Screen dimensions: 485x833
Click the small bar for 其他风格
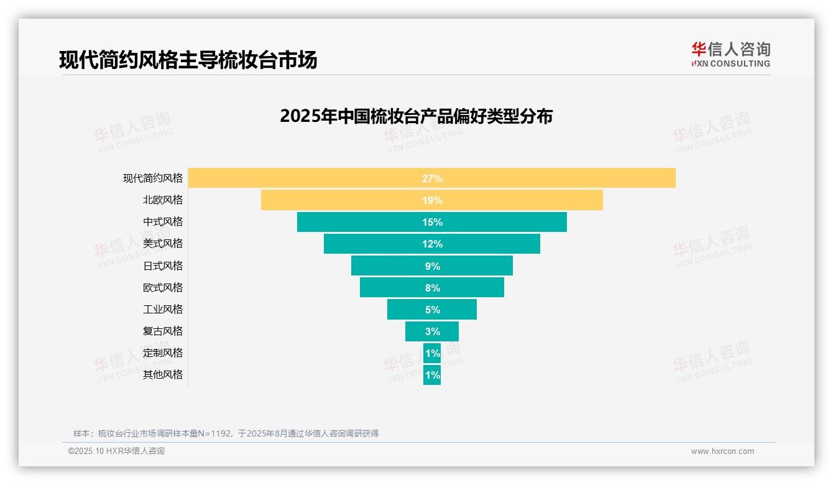pos(432,375)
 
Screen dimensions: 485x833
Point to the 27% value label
pos(432,178)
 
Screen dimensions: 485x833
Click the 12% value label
pos(432,244)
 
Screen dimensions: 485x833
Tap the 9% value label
pos(432,266)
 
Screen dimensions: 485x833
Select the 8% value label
pos(432,288)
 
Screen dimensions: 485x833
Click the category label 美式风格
pos(163,244)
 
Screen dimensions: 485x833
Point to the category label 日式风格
pos(163,266)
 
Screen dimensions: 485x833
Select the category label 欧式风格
pos(163,287)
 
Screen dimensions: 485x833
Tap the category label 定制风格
pos(163,353)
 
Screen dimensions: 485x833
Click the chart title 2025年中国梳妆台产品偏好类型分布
pos(416,116)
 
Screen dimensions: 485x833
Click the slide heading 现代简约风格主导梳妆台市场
pos(188,60)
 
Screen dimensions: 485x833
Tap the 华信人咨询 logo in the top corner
pos(730,54)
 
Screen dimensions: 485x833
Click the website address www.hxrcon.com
pos(722,451)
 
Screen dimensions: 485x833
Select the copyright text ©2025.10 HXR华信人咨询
pos(116,451)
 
